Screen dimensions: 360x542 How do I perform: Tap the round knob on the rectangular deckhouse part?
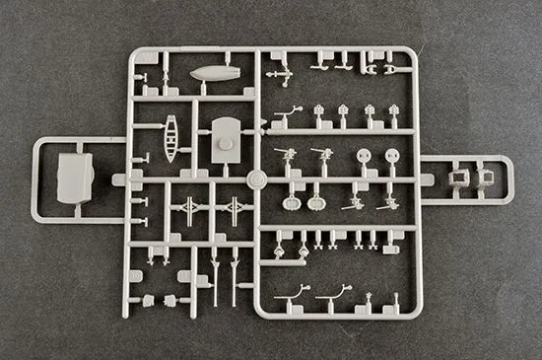tap(226, 144)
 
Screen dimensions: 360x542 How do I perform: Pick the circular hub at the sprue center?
tap(256, 180)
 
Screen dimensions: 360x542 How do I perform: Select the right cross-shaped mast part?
tap(235, 209)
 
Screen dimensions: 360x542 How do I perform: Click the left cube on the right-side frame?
tap(458, 179)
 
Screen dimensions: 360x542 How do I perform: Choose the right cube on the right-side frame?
tap(485, 179)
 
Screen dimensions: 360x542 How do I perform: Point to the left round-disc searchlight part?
tap(364, 155)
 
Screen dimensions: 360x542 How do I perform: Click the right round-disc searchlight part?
tap(392, 155)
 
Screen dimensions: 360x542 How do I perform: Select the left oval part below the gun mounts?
tap(292, 203)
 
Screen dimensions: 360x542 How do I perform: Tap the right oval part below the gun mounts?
tap(316, 203)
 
